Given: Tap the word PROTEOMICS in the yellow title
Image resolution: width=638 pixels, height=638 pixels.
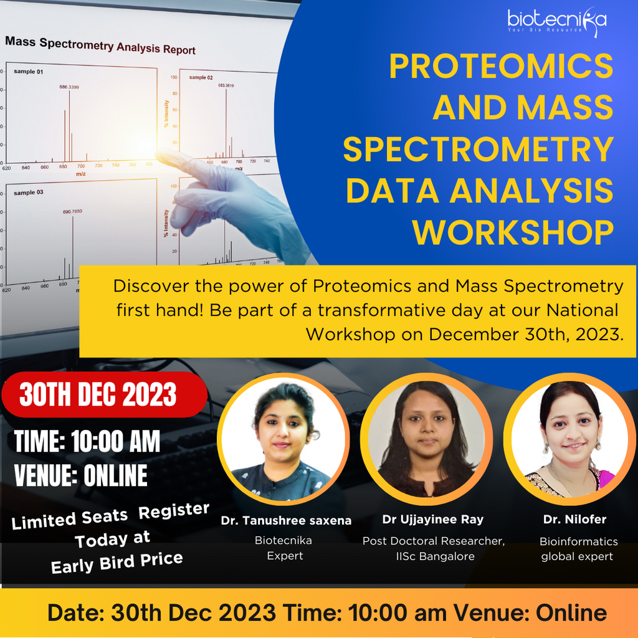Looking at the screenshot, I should tap(501, 67).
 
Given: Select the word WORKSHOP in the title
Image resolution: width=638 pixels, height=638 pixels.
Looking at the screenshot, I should tap(513, 232).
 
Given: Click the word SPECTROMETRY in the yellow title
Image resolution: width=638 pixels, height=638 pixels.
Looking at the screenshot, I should tap(478, 150).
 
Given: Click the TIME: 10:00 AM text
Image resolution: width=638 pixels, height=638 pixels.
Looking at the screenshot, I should tap(87, 442).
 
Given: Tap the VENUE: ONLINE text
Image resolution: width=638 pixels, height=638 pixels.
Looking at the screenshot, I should tap(81, 475).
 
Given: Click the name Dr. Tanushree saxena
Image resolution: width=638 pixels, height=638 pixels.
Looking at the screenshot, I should tap(286, 520).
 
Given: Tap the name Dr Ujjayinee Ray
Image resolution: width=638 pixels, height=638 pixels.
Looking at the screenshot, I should tap(434, 520).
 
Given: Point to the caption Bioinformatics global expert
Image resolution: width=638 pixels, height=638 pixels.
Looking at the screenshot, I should tap(579, 549).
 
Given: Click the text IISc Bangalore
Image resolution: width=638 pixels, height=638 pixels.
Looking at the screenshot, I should tap(434, 556).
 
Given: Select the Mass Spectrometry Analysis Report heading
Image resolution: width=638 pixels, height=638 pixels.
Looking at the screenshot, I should tap(100, 46).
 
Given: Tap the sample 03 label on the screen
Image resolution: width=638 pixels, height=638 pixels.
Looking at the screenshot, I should tap(29, 193).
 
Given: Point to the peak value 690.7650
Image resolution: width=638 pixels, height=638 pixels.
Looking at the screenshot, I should tap(72, 212).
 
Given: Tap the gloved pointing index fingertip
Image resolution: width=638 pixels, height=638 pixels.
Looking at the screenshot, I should tap(163, 154).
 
